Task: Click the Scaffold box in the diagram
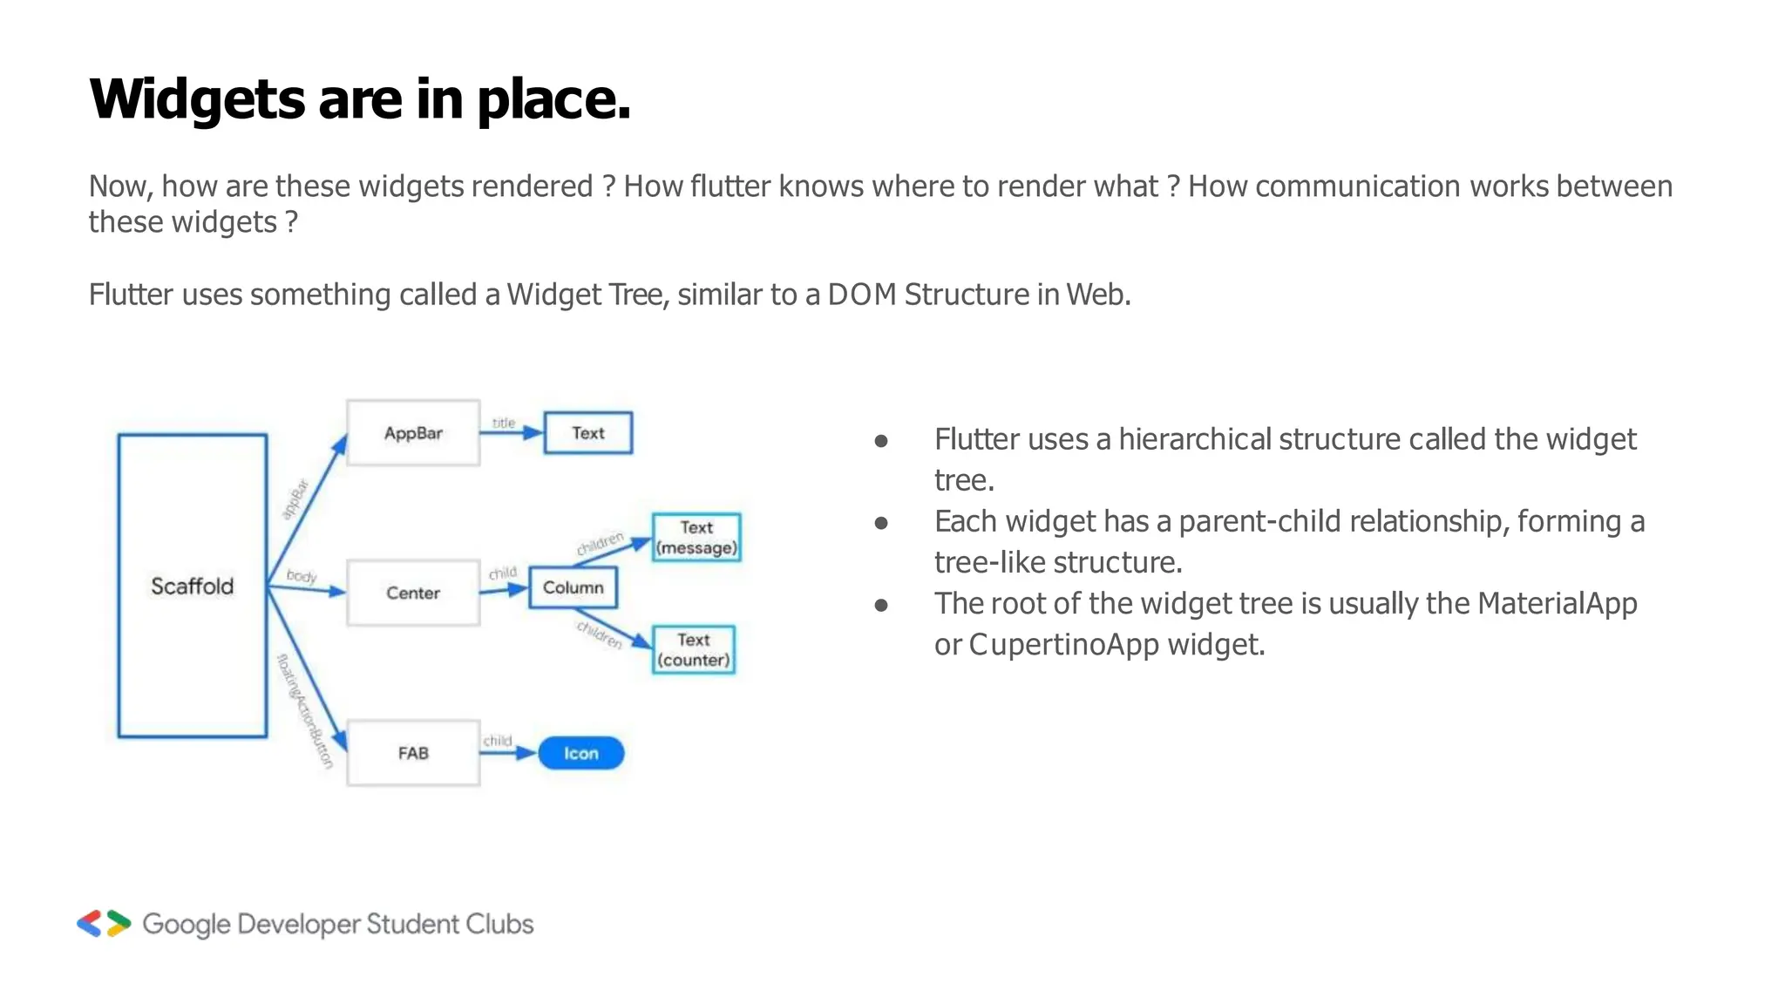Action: pyautogui.click(x=192, y=586)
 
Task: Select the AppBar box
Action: pyautogui.click(x=413, y=433)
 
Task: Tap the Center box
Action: pyautogui.click(x=413, y=593)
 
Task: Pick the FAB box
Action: pyautogui.click(x=413, y=753)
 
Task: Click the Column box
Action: pyautogui.click(x=573, y=587)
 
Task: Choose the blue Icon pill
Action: pyautogui.click(x=580, y=753)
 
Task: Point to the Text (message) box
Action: pyautogui.click(x=696, y=538)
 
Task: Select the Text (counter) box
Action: pyautogui.click(x=694, y=650)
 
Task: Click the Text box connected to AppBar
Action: pyautogui.click(x=588, y=433)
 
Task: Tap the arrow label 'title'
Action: pyautogui.click(x=504, y=423)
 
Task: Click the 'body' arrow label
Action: pyautogui.click(x=302, y=576)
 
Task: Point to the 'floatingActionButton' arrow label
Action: pyautogui.click(x=305, y=710)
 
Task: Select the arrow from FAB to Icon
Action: pyautogui.click(x=508, y=753)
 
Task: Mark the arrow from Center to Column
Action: pyautogui.click(x=504, y=590)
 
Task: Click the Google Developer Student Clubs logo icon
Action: pyautogui.click(x=104, y=924)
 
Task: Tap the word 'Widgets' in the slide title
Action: pyautogui.click(x=196, y=99)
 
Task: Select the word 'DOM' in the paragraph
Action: pyautogui.click(x=862, y=295)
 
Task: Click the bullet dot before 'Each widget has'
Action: pyautogui.click(x=881, y=523)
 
